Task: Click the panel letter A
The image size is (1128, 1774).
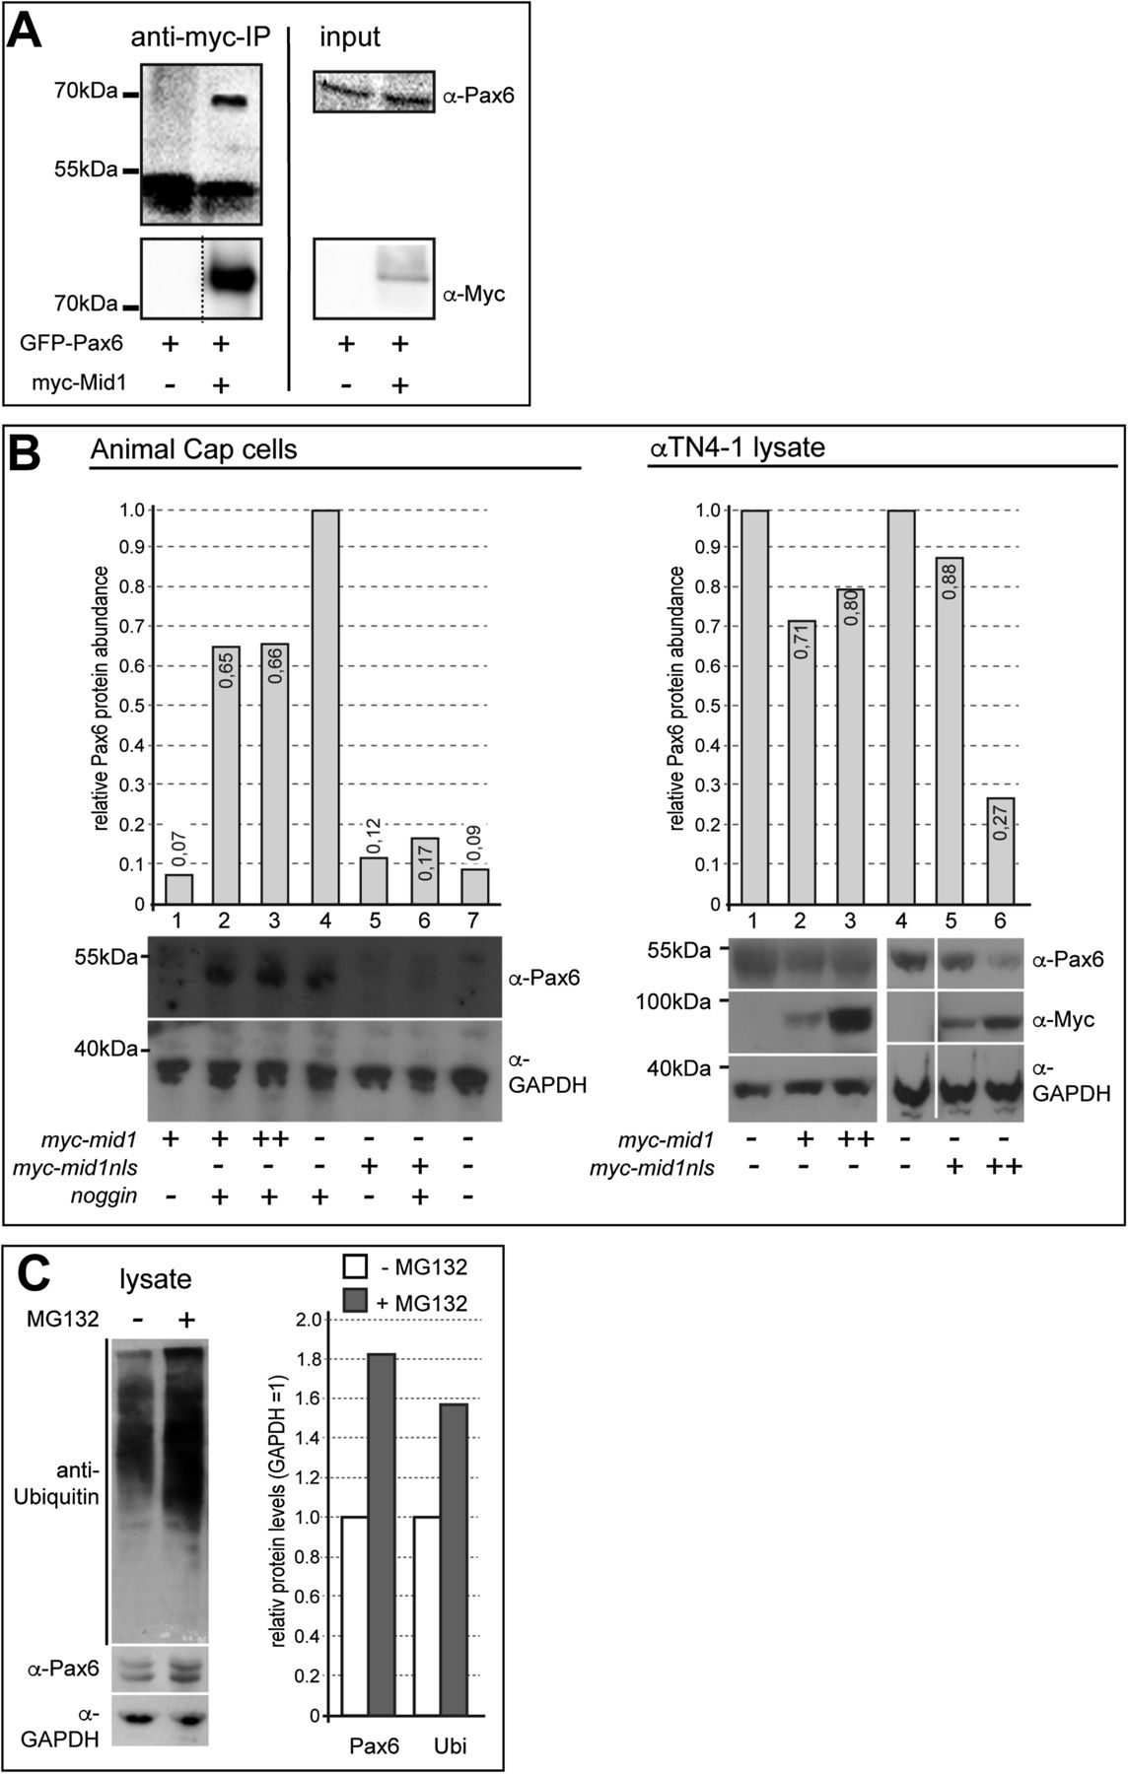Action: click(x=26, y=32)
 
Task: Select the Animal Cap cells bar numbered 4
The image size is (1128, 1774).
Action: click(x=325, y=707)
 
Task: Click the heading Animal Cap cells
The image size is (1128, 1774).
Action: click(x=193, y=449)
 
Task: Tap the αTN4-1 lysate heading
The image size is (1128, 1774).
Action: click(x=737, y=448)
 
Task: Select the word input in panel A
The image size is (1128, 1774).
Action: click(x=349, y=37)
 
